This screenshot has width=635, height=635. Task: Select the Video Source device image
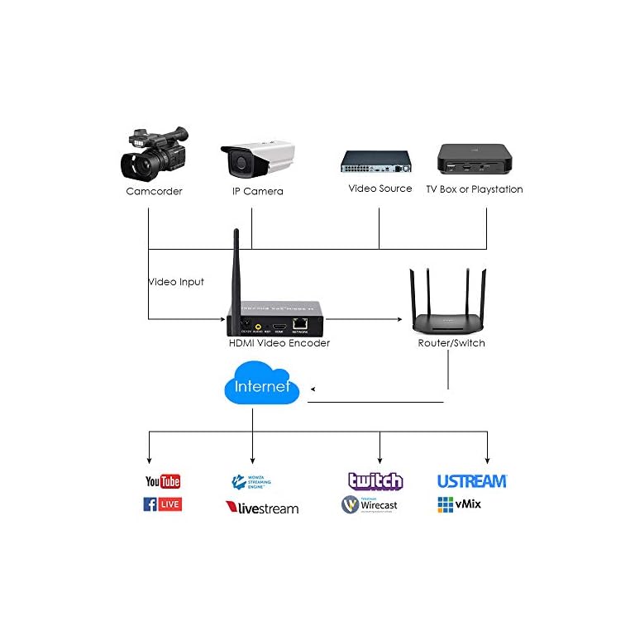coord(379,161)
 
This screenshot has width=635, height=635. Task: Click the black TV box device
coord(474,158)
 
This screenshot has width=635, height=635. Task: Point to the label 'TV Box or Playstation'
coord(474,189)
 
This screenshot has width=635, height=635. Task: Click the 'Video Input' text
coord(176,282)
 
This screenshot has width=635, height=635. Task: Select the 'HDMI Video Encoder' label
coord(279,343)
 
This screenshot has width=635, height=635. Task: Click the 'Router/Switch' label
coord(451,343)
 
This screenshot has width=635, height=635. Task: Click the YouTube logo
coord(163,481)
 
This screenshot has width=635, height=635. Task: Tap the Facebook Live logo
coord(162,504)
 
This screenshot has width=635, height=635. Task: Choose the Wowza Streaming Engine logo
coord(251,481)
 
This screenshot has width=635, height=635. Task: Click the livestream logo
coord(261,508)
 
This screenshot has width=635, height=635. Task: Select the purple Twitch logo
coord(375,481)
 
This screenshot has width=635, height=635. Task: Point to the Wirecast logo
coord(370,504)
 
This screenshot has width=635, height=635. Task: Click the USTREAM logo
coord(471,481)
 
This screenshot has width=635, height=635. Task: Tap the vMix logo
coord(459,504)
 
